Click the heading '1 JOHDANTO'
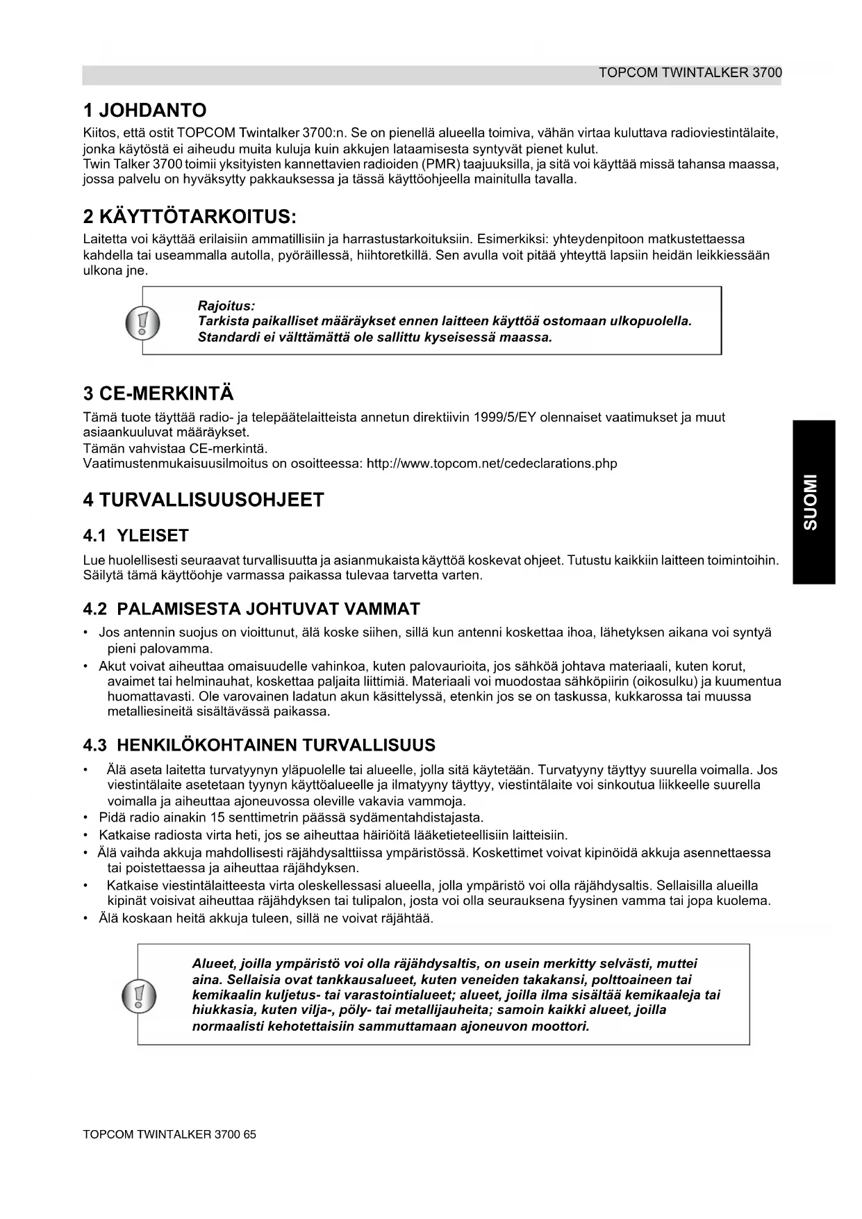pos(144,111)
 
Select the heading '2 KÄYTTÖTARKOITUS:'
pos(190,217)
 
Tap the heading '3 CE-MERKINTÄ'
pos(158,394)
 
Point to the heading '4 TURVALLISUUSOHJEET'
pos(204,500)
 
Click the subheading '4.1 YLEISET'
pos(135,536)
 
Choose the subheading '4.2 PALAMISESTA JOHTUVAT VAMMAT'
pos(251,609)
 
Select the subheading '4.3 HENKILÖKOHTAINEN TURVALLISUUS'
pos(259,746)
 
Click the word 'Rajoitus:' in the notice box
pos(226,306)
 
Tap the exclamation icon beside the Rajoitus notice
pos(142,323)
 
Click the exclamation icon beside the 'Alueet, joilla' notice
pos(138,995)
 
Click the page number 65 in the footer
pos(250,1134)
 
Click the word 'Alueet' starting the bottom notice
pos(213,964)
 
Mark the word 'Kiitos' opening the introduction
pos(99,133)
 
